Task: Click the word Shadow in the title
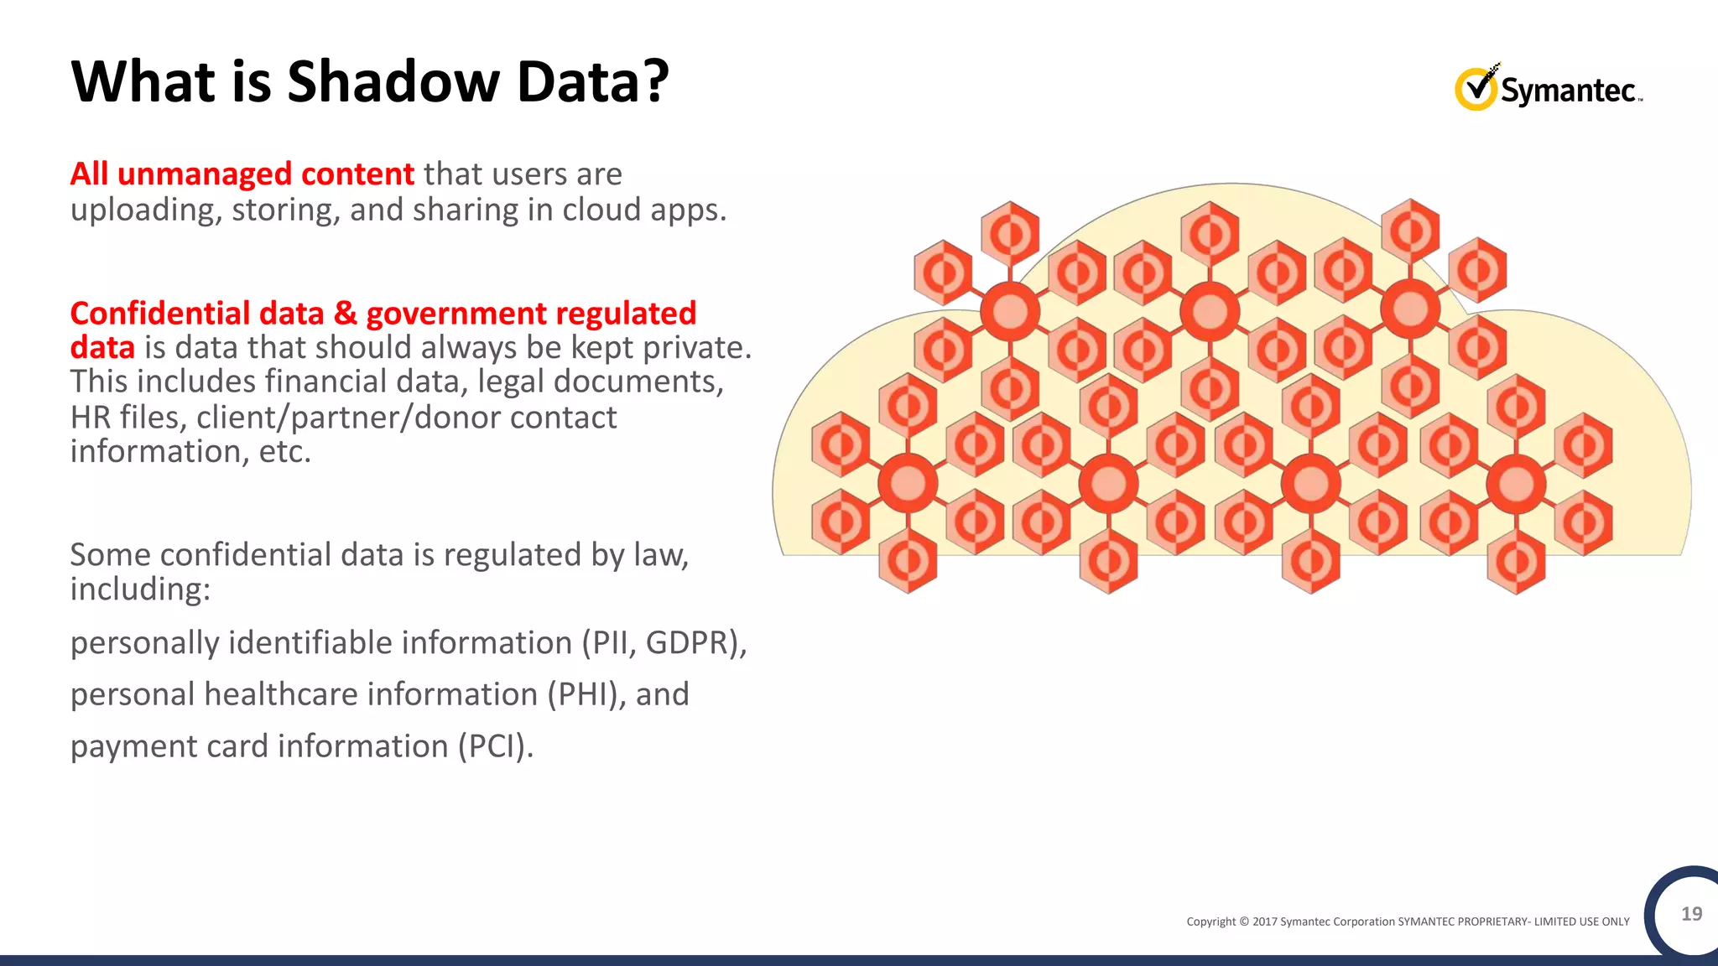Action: click(x=393, y=82)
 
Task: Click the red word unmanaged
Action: click(x=205, y=174)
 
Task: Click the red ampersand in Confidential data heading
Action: click(x=345, y=314)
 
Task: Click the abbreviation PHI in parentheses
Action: click(x=585, y=695)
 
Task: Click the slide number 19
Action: click(x=1691, y=914)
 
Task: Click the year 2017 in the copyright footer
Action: click(x=1264, y=922)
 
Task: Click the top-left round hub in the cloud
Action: click(x=1010, y=311)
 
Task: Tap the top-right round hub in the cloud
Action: click(x=1410, y=309)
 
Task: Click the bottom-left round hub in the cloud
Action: click(x=907, y=483)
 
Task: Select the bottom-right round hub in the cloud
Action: click(x=1516, y=484)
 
